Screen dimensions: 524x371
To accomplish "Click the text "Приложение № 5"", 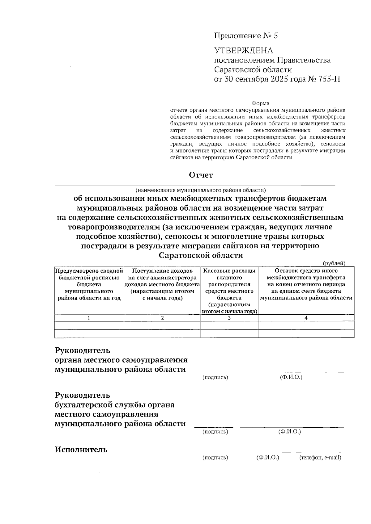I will (x=246, y=36).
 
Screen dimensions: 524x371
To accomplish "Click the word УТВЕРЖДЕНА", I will (x=244, y=50).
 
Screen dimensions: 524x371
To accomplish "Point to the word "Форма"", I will (x=260, y=103).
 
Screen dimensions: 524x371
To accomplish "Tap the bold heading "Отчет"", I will (x=201, y=175).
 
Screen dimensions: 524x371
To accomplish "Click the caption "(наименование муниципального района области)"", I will (x=200, y=190).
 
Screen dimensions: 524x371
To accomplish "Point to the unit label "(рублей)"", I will (x=334, y=263).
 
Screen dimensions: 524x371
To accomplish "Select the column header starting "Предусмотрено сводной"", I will (x=89, y=284).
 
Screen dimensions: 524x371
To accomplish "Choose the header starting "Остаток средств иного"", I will (x=306, y=284).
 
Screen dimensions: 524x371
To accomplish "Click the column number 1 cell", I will (x=89, y=318).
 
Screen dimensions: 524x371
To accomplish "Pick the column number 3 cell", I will (x=229, y=318).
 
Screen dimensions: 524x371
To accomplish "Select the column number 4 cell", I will (x=306, y=318).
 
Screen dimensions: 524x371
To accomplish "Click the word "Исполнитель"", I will (x=81, y=450).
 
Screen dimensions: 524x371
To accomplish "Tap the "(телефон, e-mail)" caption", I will (x=320, y=458).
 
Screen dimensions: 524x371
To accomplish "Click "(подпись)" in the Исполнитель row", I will (x=215, y=458).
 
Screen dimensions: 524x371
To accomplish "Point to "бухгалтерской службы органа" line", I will (x=115, y=405).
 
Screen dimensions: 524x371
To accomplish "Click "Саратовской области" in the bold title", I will (x=201, y=255).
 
